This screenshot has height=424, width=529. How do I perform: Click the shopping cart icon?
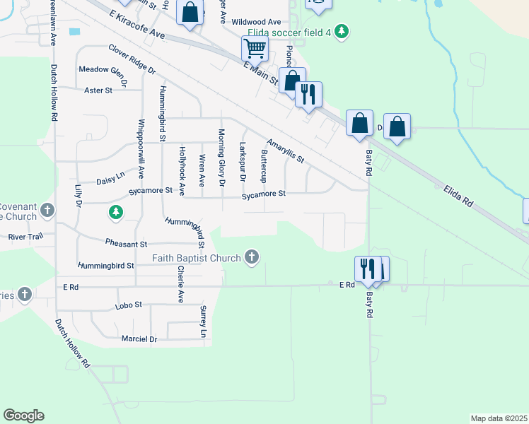(x=255, y=49)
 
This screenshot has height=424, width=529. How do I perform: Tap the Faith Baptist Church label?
(x=197, y=258)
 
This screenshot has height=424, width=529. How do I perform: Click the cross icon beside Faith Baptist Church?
(x=252, y=257)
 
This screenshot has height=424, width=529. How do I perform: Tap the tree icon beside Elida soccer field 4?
(x=342, y=32)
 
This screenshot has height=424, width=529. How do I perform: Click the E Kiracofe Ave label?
(x=137, y=25)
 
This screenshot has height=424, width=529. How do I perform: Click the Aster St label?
(x=98, y=90)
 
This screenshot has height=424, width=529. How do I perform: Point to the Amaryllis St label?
(x=285, y=150)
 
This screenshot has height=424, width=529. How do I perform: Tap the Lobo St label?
(x=129, y=305)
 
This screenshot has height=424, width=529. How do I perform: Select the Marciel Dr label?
(x=139, y=339)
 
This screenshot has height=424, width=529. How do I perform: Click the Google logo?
(x=23, y=416)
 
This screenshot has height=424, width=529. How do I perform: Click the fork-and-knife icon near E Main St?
(x=308, y=94)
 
